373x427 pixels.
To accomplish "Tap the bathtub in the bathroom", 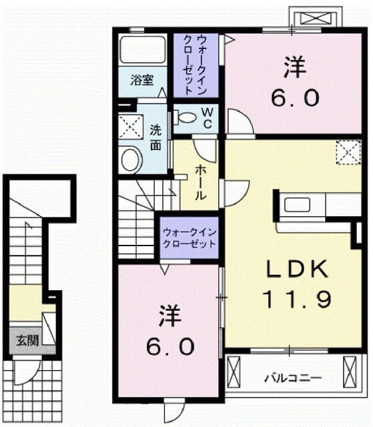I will (142, 50).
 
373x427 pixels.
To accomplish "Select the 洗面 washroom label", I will (155, 137).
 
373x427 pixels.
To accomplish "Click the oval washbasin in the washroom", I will (132, 159).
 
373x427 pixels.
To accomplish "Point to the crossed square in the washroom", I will (130, 125).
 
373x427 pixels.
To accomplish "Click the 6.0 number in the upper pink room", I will (294, 99).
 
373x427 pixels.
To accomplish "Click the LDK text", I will (297, 270).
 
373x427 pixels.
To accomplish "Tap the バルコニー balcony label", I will (296, 378).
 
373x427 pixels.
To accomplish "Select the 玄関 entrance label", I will (27, 339).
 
